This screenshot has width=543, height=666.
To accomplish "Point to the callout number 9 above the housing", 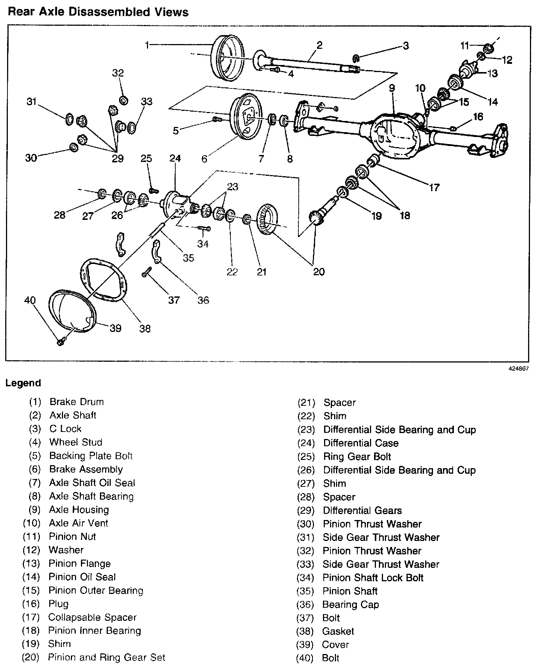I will [392, 88].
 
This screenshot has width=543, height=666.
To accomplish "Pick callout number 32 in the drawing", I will [118, 73].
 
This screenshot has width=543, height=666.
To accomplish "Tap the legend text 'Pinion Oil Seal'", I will [82, 577].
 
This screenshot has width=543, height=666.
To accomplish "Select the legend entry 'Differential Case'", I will [361, 443].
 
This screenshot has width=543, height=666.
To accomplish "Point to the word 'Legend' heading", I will [23, 383].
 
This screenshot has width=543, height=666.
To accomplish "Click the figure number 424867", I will [519, 368].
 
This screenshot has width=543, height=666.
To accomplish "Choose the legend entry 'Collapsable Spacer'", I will [92, 617].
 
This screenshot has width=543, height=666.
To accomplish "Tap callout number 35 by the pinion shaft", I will [188, 258].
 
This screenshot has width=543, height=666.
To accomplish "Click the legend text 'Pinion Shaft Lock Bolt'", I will [373, 578].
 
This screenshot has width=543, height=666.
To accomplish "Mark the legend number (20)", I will [31, 657].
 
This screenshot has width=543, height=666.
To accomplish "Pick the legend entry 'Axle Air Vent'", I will [78, 523].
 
